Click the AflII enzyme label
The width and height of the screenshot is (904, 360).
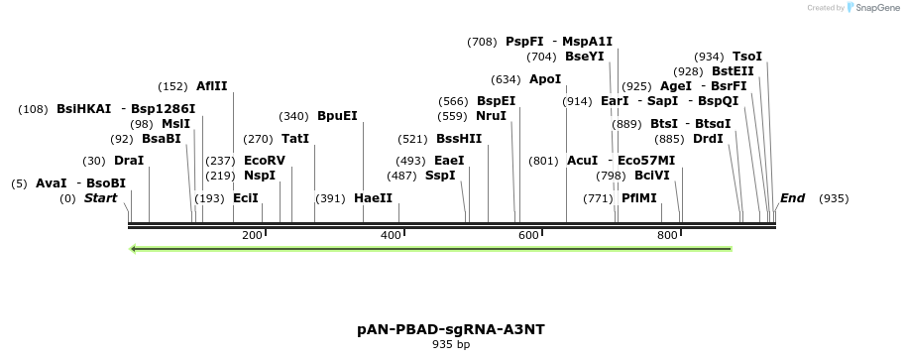point(211,86)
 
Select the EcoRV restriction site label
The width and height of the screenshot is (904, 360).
point(264,161)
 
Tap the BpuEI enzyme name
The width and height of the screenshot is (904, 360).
point(337,116)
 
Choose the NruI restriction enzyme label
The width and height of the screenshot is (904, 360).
point(491,116)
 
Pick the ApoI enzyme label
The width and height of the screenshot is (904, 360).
point(544,79)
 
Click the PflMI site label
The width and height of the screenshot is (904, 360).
point(638,198)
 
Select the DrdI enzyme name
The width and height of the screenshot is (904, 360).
point(708,139)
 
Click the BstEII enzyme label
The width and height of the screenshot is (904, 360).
point(733,71)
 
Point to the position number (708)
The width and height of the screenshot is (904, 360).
point(482,42)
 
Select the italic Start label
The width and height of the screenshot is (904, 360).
point(100,198)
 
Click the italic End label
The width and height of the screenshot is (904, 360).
point(792,198)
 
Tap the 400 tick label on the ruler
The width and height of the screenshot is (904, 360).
point(391,235)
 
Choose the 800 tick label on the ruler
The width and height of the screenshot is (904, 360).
point(667,235)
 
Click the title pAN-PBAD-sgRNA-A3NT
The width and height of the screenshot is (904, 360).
point(451,329)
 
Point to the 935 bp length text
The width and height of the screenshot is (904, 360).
point(451,345)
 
